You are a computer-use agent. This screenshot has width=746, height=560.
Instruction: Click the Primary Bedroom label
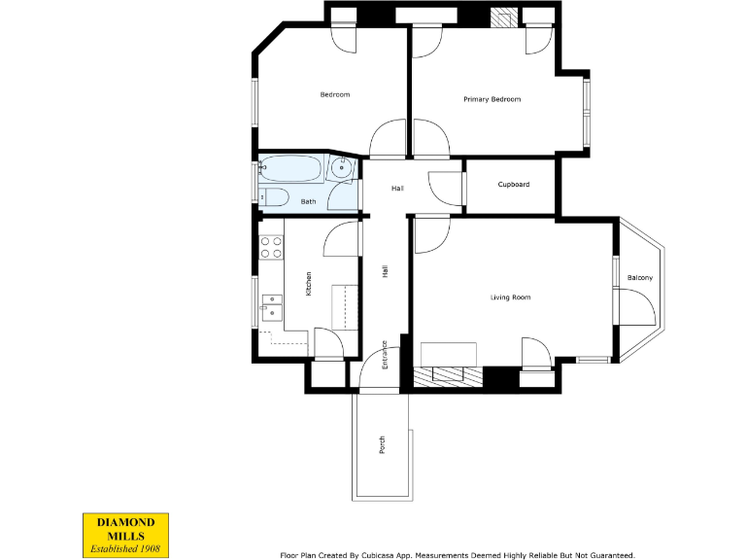[492, 99]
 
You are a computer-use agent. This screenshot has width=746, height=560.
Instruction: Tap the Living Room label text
[510, 297]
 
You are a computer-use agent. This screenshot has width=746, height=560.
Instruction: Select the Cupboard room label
[513, 184]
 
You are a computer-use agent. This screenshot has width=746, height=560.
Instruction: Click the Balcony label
[639, 278]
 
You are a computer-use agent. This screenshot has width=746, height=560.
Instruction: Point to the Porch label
[382, 444]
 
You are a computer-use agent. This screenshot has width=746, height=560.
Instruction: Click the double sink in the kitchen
[271, 312]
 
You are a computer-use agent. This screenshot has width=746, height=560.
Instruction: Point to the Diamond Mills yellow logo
[126, 534]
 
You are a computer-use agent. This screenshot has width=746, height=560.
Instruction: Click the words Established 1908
[126, 548]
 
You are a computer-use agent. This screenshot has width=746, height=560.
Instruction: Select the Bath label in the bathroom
[308, 201]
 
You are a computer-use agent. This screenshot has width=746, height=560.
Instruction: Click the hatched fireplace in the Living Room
[448, 374]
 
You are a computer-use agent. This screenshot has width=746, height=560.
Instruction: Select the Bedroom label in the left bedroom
[334, 94]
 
